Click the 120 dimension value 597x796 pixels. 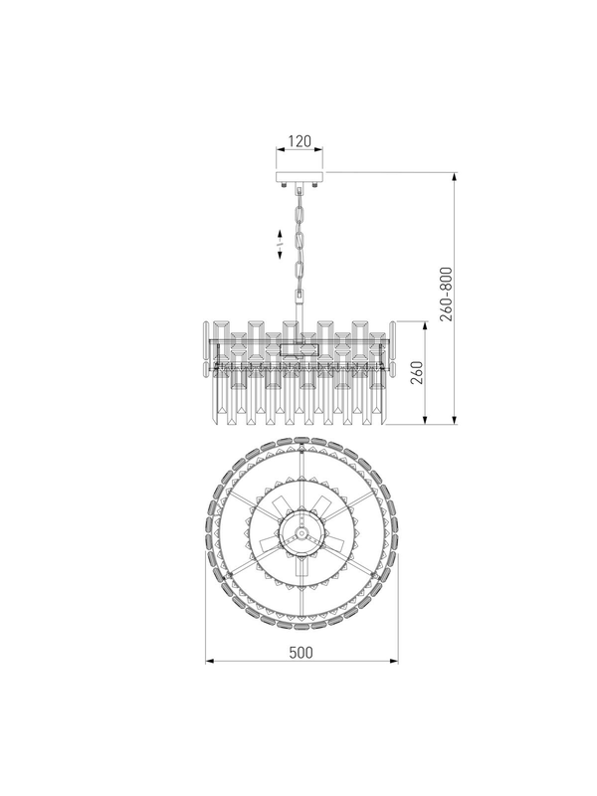click(299, 141)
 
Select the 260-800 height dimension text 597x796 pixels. click(446, 294)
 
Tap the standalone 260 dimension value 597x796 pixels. click(416, 372)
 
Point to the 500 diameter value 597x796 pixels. click(301, 652)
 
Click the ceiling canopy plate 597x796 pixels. click(299, 178)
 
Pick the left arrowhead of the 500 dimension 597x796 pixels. click(209, 661)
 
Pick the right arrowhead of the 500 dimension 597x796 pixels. click(394, 661)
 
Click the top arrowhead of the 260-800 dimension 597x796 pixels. click(455, 177)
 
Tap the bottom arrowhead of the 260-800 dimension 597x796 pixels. click(455, 419)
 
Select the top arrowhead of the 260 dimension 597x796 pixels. click(425, 325)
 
